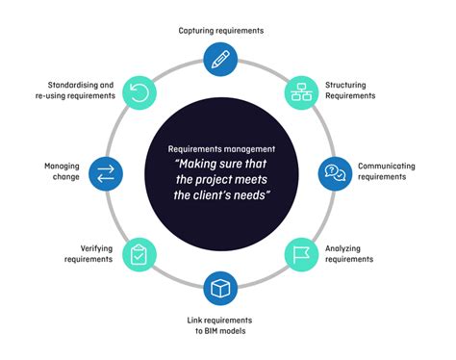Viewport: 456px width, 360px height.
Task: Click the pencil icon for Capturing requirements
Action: coord(221,58)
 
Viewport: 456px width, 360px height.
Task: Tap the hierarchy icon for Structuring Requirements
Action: coord(300,92)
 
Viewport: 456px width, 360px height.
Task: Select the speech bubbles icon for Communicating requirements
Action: coord(334,173)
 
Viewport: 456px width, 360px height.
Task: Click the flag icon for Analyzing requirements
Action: coord(300,254)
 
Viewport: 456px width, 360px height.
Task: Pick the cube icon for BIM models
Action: coord(221,288)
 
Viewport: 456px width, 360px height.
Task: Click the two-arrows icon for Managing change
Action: coord(106,173)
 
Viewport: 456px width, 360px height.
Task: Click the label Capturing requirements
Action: coord(221,31)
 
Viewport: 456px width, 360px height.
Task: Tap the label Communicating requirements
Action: coord(386,171)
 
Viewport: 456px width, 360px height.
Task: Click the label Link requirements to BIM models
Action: coord(221,325)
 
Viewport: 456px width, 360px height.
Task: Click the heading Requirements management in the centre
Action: coord(220,149)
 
